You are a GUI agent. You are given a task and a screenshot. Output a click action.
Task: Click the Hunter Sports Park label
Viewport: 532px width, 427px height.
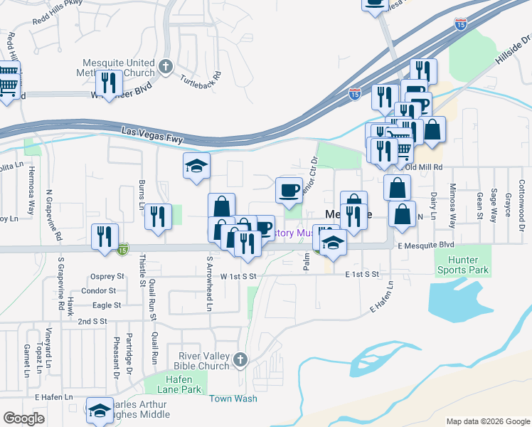click(x=462, y=265)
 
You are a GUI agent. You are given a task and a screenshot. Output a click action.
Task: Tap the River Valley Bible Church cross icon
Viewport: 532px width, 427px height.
click(x=241, y=359)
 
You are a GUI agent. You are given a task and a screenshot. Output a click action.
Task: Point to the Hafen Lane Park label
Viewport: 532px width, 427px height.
click(x=169, y=385)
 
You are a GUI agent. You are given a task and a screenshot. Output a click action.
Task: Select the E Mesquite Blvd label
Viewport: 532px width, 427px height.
click(x=425, y=246)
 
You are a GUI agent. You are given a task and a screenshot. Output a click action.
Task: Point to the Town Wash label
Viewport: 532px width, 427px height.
click(x=233, y=399)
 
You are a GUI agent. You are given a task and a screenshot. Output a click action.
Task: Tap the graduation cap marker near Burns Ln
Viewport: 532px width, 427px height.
click(x=197, y=167)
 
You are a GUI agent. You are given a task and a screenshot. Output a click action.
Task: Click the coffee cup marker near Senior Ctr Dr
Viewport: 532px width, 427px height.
click(x=289, y=190)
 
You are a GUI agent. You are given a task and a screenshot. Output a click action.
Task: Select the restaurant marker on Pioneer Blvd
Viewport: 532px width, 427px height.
click(x=109, y=83)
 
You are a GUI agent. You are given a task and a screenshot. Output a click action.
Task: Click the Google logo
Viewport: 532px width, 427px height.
click(x=23, y=418)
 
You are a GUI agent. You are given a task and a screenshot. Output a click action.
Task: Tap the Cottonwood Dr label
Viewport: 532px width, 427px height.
click(x=521, y=196)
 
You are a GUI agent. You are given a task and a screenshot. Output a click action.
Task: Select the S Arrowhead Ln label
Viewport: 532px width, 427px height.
click(x=209, y=284)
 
